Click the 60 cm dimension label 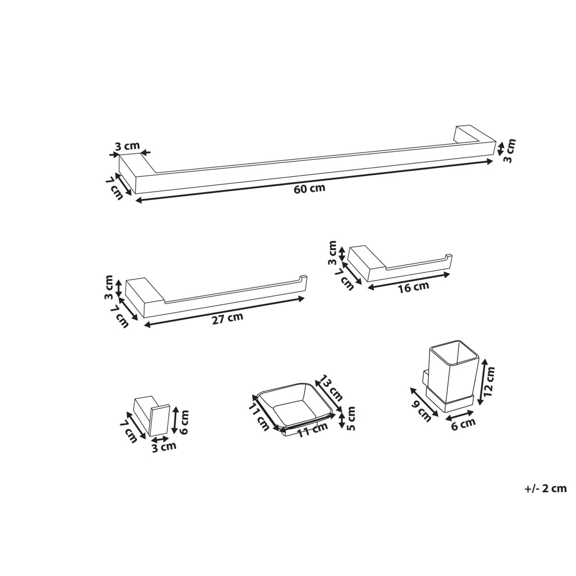(310, 189)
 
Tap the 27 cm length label (228, 317)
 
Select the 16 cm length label (413, 287)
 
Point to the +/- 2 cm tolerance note (545, 489)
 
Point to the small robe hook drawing (152, 418)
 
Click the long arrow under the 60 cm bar (314, 181)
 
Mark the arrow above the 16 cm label (409, 281)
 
